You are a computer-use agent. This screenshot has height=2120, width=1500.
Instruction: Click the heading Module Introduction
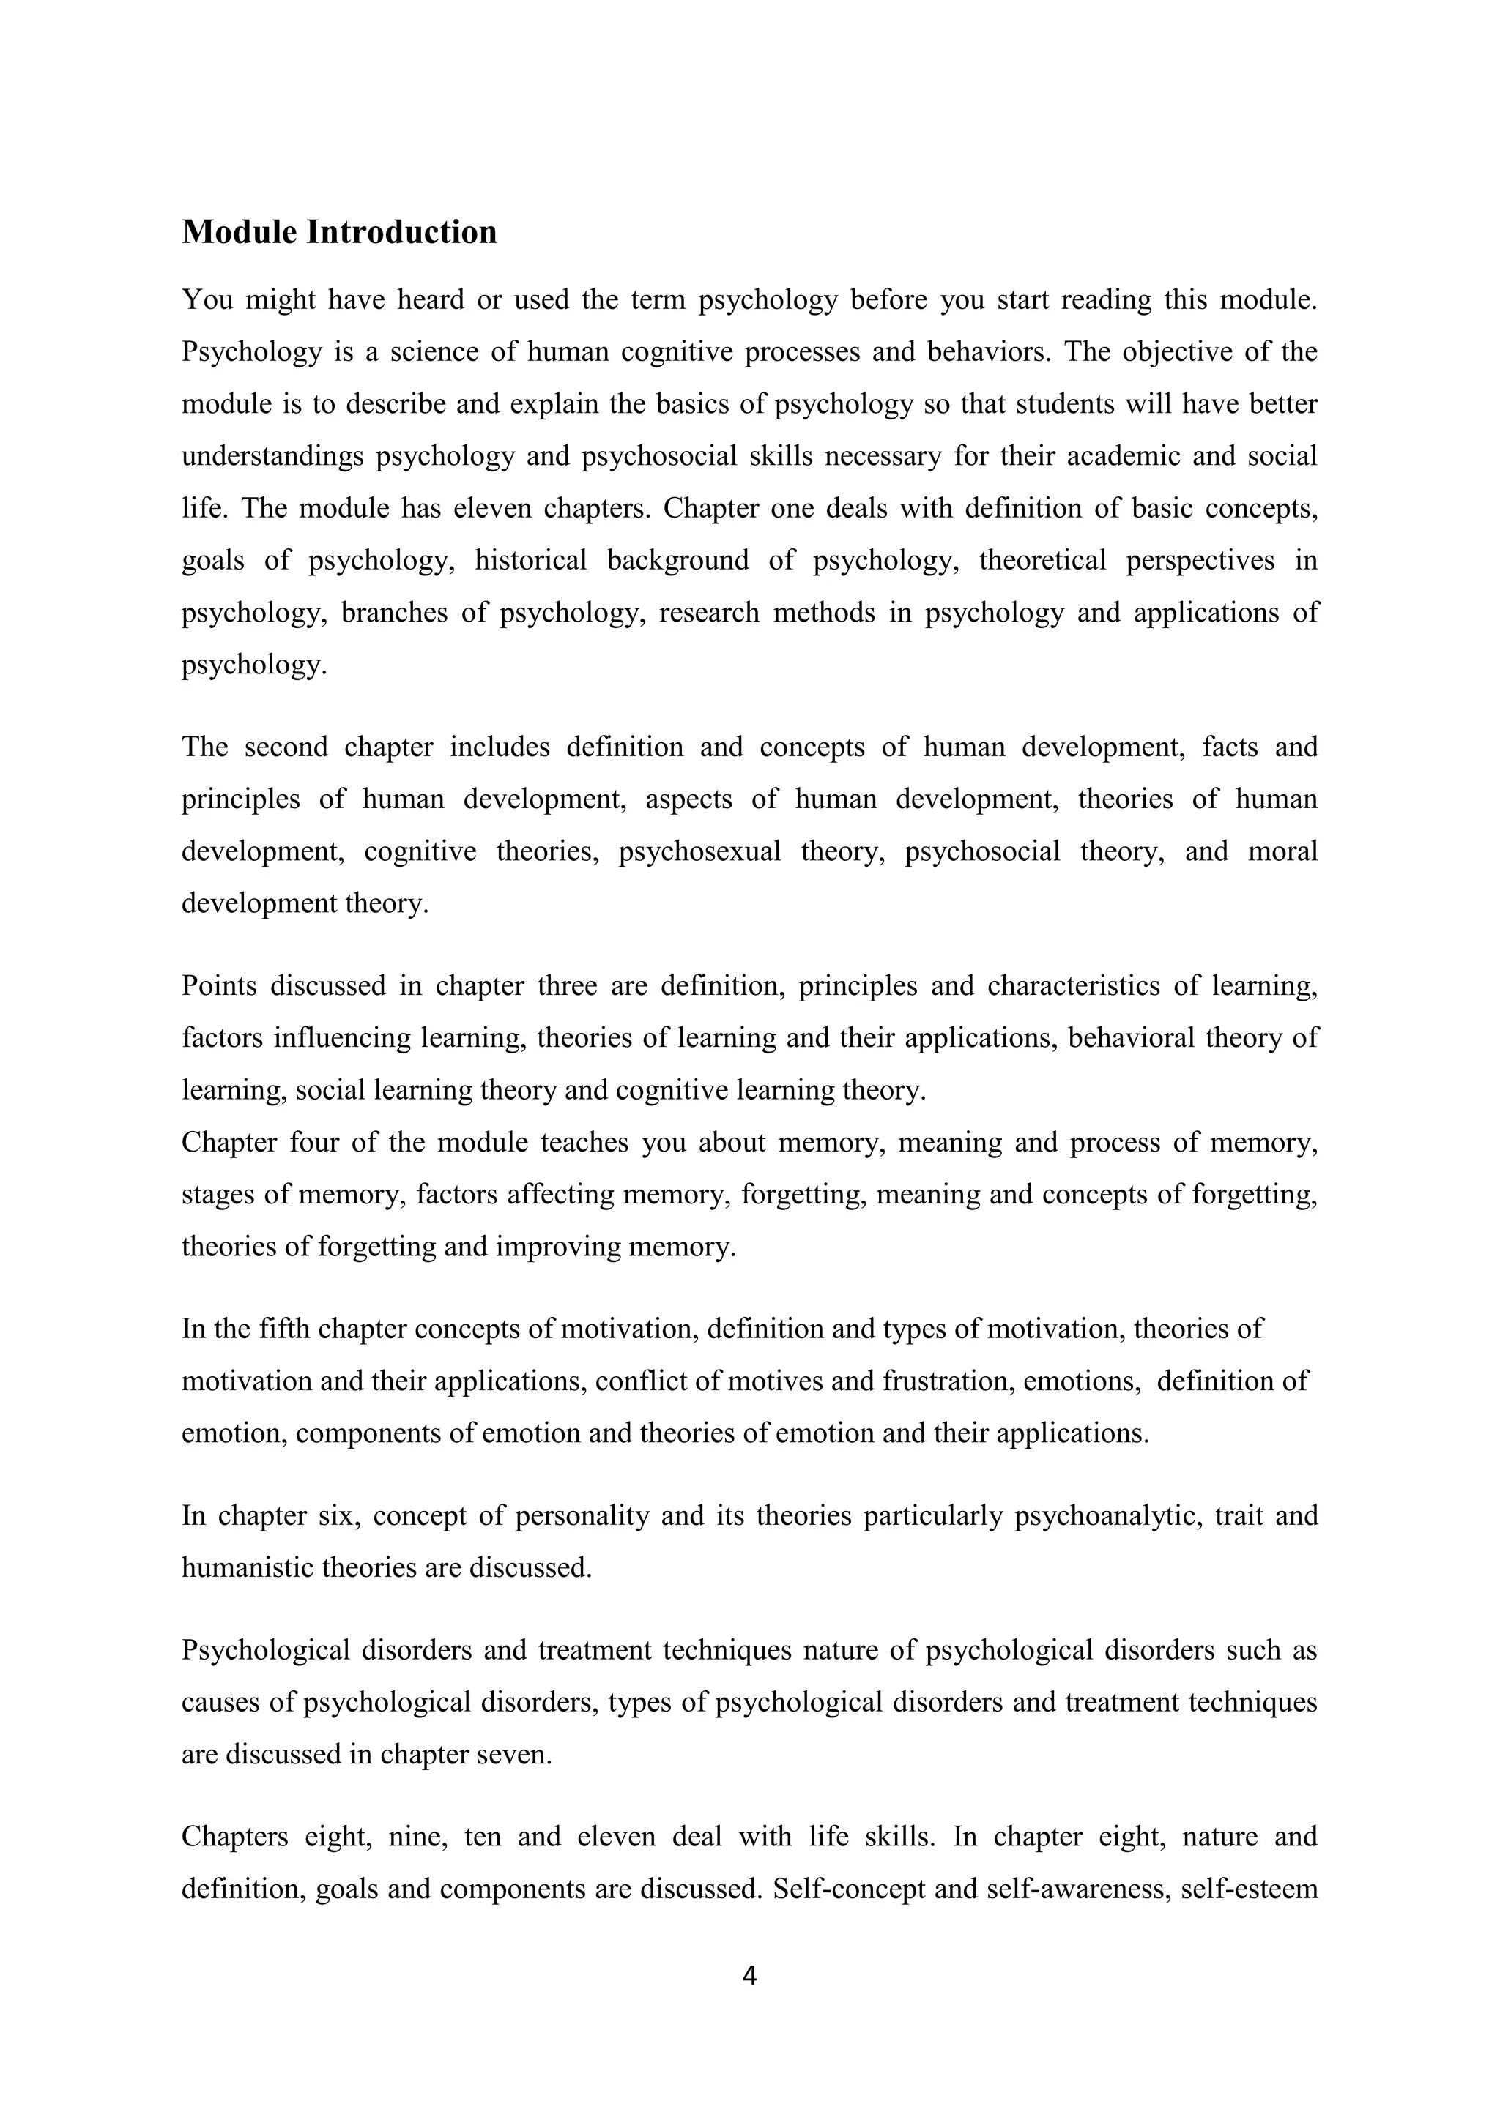coord(339,232)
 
